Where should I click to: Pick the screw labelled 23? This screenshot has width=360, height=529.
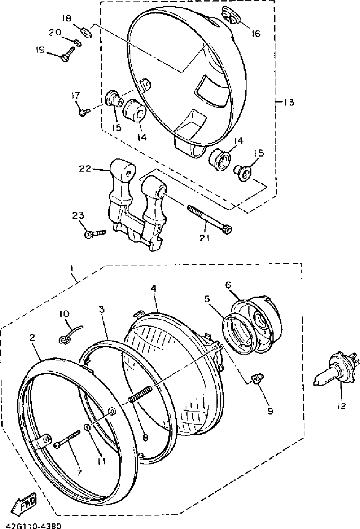94,234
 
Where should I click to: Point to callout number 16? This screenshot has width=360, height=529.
256,34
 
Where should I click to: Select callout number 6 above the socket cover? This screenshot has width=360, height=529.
228,285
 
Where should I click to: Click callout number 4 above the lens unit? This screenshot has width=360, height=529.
153,289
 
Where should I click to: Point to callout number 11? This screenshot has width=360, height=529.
101,461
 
